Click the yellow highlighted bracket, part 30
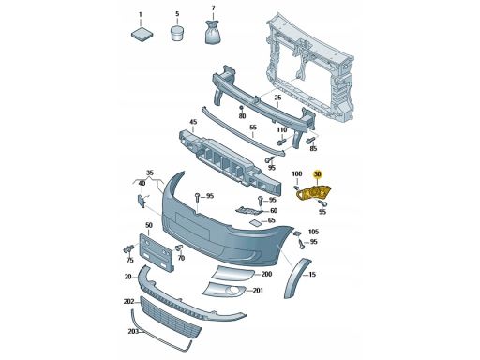pyautogui.click(x=313, y=193)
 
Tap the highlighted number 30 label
pyautogui.click(x=318, y=174)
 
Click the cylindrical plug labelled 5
pyautogui.click(x=178, y=33)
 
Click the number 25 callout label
pyautogui.click(x=277, y=97)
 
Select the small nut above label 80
pyautogui.click(x=242, y=108)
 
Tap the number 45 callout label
pyautogui.click(x=193, y=122)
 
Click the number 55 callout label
pyautogui.click(x=253, y=127)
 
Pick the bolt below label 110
pyautogui.click(x=281, y=142)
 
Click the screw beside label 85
pyautogui.click(x=310, y=140)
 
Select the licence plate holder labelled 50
pyautogui.click(x=156, y=252)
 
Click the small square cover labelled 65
pyautogui.click(x=255, y=223)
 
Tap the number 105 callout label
pyautogui.click(x=313, y=232)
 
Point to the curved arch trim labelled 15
pyautogui.click(x=296, y=277)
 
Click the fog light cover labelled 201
pyautogui.click(x=224, y=290)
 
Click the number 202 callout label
pyautogui.click(x=128, y=302)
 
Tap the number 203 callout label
pyautogui.click(x=133, y=331)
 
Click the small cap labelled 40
pyautogui.click(x=142, y=201)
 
